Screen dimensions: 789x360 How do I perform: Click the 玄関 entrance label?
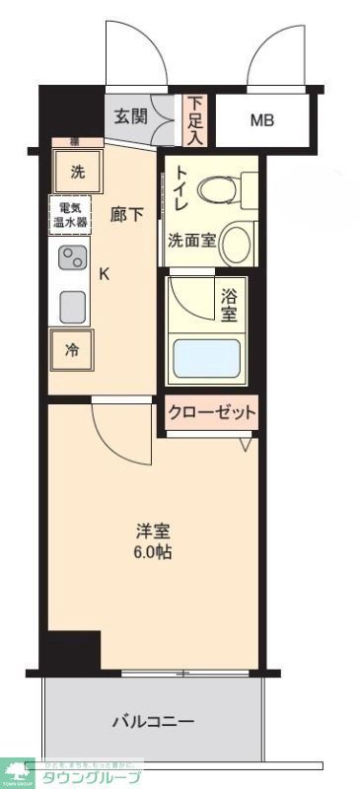[130, 116]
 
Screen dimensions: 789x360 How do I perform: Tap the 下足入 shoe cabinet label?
[195, 118]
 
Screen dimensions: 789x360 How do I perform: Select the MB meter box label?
[261, 121]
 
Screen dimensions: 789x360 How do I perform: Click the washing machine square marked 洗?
[78, 171]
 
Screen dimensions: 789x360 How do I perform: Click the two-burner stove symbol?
[72, 259]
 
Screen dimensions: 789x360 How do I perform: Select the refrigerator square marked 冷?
[73, 348]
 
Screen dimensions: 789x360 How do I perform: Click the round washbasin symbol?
[236, 241]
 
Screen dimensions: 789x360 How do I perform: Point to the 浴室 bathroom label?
[229, 305]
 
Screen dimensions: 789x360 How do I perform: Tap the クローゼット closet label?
[211, 411]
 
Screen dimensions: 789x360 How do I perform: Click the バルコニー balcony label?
[153, 722]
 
